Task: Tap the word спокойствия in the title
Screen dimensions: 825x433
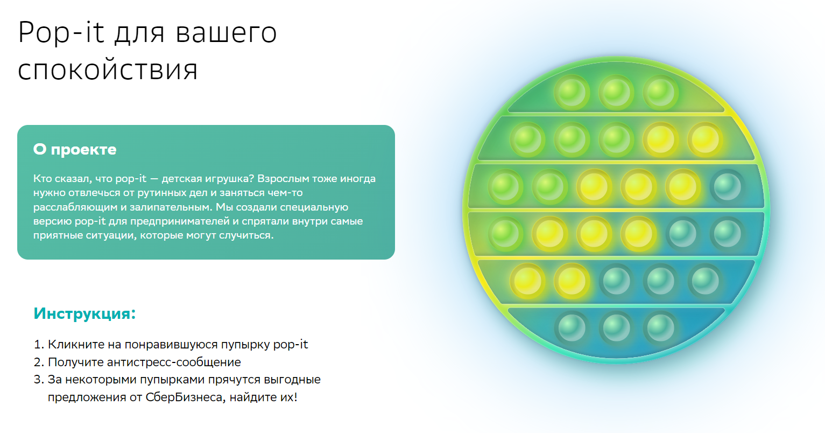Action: coord(108,70)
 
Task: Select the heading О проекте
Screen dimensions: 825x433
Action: coord(75,150)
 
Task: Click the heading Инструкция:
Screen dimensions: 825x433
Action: coord(84,313)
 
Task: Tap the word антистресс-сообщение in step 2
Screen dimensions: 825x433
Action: coord(174,362)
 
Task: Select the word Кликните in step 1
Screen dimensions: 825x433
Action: coord(76,344)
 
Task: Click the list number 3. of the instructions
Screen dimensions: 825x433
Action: coord(39,380)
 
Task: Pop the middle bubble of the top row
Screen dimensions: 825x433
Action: coord(616,92)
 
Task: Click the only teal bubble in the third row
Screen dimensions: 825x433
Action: coord(727,187)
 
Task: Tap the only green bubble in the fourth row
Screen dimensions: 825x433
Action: coord(505,234)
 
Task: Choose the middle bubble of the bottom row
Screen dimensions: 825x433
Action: coord(616,328)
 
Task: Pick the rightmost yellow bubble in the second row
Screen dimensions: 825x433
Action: coord(705,139)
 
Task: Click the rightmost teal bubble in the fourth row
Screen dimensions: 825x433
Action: coord(727,234)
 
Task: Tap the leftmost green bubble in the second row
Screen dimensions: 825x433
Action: coord(527,139)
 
